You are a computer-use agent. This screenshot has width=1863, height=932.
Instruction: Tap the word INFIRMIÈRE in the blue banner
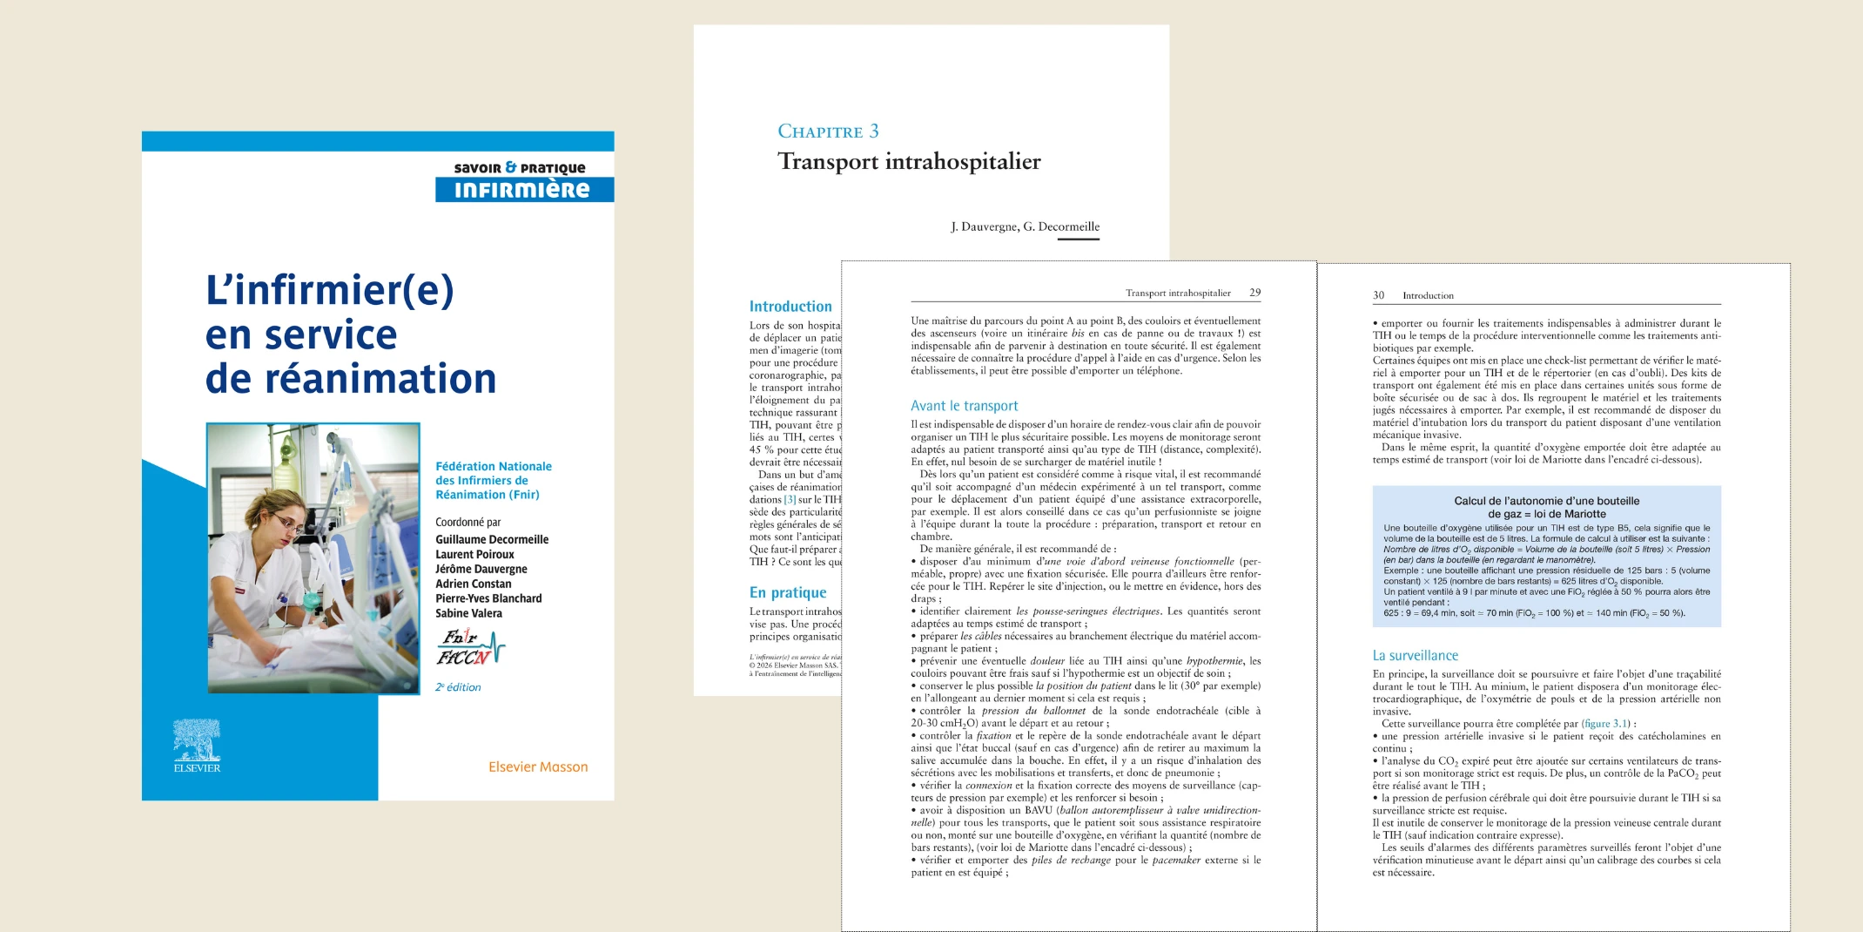click(x=521, y=190)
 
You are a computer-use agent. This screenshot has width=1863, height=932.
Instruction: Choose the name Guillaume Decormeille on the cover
click(x=492, y=539)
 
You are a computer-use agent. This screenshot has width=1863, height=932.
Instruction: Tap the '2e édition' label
click(x=458, y=687)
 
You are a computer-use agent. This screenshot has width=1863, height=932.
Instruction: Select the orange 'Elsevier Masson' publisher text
click(x=538, y=767)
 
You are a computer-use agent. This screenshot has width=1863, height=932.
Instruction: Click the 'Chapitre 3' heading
click(x=828, y=132)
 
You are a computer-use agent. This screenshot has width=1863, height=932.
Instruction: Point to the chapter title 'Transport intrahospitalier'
click(x=909, y=162)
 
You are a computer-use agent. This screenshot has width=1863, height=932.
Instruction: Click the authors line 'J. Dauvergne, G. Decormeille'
click(x=1025, y=226)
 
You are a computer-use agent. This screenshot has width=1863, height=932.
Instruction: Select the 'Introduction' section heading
click(x=790, y=307)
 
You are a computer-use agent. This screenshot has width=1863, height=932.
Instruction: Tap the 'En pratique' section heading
click(x=788, y=592)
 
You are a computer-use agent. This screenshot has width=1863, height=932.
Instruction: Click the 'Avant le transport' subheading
click(x=964, y=406)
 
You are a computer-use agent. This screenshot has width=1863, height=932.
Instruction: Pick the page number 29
click(x=1254, y=293)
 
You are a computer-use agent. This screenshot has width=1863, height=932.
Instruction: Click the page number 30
click(x=1378, y=295)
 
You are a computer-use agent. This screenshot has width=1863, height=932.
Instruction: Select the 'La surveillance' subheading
click(x=1415, y=656)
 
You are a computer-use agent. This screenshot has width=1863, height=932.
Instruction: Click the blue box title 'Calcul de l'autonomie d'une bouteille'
click(x=1546, y=501)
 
